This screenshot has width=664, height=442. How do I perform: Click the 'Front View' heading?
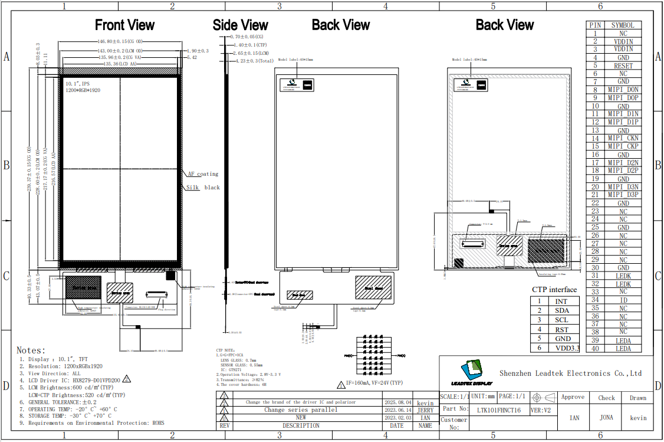point(125,25)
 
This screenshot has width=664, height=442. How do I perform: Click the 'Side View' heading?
point(241,25)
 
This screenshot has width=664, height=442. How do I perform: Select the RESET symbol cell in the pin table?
point(623,66)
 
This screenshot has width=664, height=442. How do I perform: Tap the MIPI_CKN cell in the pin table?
point(623,138)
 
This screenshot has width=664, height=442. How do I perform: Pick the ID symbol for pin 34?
point(623,300)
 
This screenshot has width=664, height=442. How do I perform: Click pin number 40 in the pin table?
point(595,348)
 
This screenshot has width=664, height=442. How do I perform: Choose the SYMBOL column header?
point(623,25)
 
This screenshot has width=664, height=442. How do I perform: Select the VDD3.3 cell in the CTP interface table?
point(567,348)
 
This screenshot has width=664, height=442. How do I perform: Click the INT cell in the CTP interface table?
point(562,302)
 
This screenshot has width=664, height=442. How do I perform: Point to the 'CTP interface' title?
point(554,290)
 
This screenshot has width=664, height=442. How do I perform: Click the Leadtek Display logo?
point(471,372)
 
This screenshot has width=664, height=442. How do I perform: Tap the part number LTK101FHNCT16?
point(498,410)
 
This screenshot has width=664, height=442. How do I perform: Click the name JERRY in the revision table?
point(425,410)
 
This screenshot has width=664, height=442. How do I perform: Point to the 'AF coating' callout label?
point(203,174)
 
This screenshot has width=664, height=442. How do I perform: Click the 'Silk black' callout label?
point(203,188)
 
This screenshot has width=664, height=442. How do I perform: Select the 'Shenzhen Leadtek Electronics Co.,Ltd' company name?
point(570,373)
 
